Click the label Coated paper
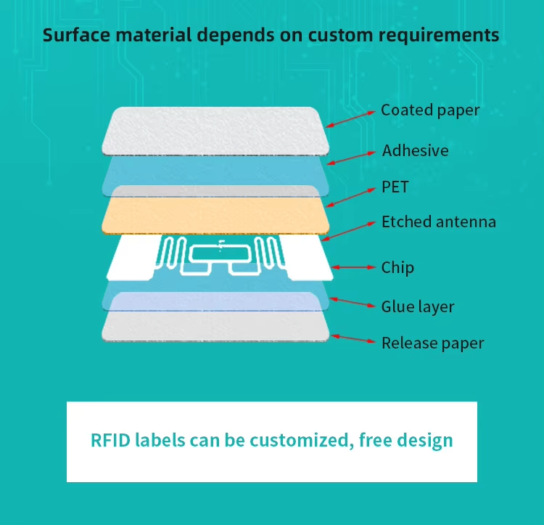point(430,110)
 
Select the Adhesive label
point(416,150)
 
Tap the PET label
point(395,187)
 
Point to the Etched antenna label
point(439,222)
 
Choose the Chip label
point(397,267)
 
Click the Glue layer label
point(418,306)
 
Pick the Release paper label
point(432,343)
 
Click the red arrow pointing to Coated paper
point(350,119)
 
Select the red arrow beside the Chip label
point(353,267)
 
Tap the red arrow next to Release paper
point(353,338)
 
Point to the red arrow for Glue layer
point(353,302)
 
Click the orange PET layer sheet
point(215,215)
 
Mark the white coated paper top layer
point(215,131)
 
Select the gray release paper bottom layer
point(215,326)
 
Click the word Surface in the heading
point(77,35)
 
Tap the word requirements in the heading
point(439,36)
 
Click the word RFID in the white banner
point(110,440)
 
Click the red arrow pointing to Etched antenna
point(348,231)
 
